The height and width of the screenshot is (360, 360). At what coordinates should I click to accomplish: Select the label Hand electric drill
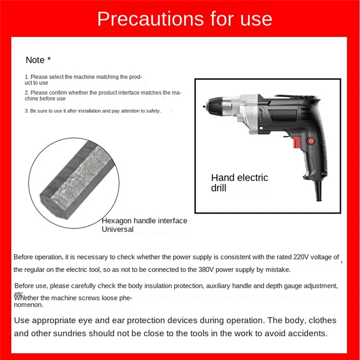(x=239, y=182)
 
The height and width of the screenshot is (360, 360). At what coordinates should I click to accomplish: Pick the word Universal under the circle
(x=117, y=229)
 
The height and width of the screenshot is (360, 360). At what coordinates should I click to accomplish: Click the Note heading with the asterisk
(x=38, y=60)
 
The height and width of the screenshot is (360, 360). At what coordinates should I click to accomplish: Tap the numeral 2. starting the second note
(x=27, y=92)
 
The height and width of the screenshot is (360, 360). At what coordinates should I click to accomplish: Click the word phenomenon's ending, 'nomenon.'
(x=29, y=305)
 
